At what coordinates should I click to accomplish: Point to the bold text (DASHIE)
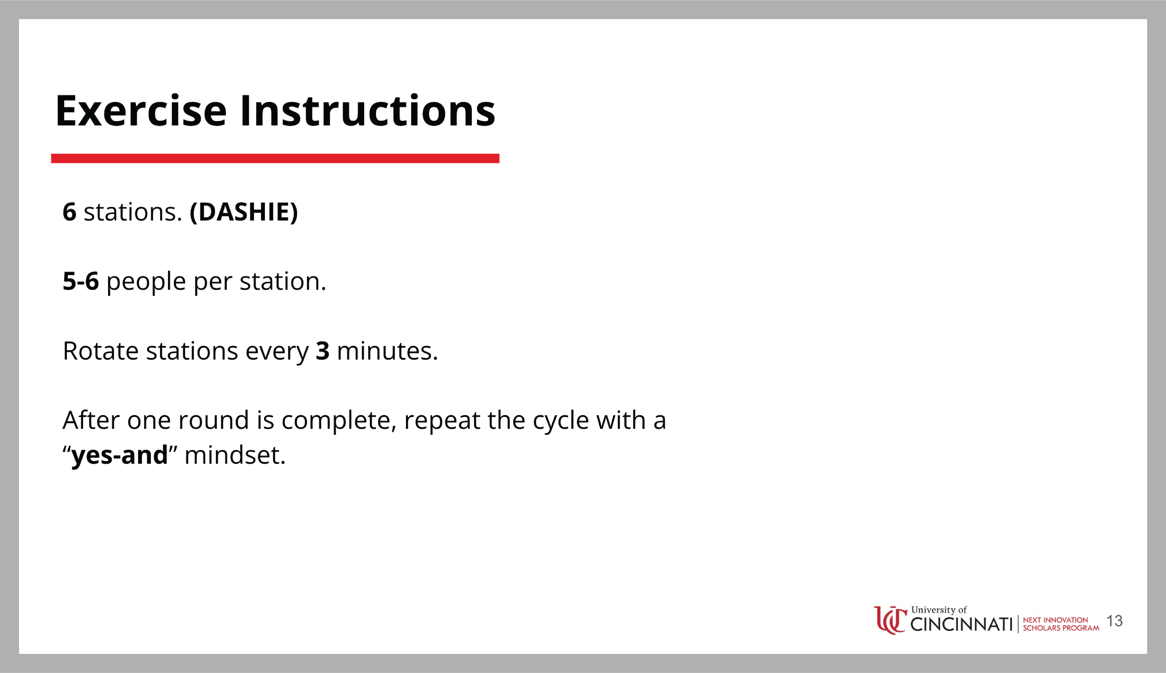244,212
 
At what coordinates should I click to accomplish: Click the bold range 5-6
81,281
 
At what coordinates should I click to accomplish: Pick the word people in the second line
146,282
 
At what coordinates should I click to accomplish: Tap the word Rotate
100,351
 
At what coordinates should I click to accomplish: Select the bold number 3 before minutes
323,351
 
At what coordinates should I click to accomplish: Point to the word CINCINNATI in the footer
961,624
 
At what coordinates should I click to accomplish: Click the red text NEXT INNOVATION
1056,620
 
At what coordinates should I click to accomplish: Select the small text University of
939,610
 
